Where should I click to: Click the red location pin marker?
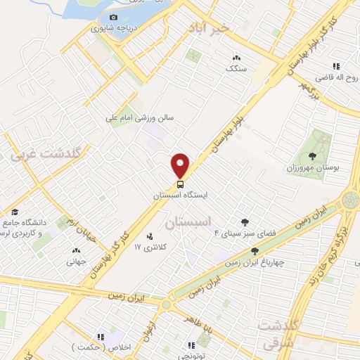pos(181,165)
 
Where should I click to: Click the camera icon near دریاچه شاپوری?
pos(114,17)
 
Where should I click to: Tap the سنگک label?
pos(236,69)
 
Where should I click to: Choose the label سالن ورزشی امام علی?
pos(139,118)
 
